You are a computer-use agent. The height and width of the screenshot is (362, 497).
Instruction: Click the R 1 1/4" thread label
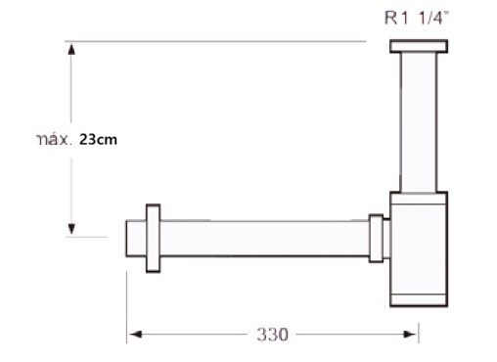pyautogui.click(x=417, y=18)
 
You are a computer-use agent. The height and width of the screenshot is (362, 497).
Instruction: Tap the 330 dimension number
pyautogui.click(x=272, y=335)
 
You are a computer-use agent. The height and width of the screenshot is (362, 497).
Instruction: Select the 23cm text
pyautogui.click(x=98, y=139)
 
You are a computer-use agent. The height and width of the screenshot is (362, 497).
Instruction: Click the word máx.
pyautogui.click(x=53, y=140)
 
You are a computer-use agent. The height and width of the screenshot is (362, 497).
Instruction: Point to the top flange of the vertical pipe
pyautogui.click(x=419, y=46)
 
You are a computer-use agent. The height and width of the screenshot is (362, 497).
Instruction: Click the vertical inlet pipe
pyautogui.click(x=419, y=122)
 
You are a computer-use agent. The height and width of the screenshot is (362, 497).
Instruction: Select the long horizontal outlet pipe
pyautogui.click(x=264, y=239)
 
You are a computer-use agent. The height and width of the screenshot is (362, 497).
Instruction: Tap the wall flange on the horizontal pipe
pyautogui.click(x=153, y=238)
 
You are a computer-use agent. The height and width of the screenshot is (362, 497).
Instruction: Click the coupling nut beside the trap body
pyautogui.click(x=376, y=239)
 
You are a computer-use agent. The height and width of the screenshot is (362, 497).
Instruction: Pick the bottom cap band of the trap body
pyautogui.click(x=419, y=300)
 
